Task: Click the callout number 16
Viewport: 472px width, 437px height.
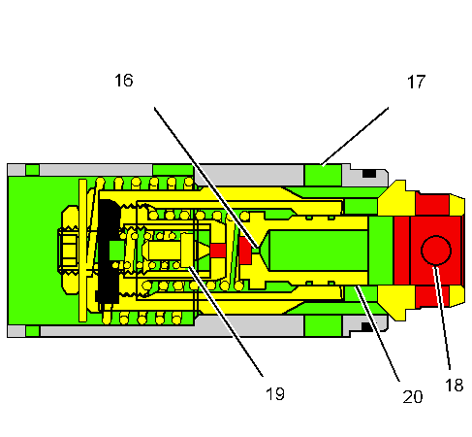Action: tap(123, 82)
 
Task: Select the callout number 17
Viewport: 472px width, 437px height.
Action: tap(416, 83)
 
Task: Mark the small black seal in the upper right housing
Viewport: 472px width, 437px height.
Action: tap(368, 175)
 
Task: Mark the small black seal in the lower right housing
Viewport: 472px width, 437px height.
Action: tap(368, 327)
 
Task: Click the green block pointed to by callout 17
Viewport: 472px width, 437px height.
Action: tap(324, 175)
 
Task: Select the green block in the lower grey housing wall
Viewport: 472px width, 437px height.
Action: tap(324, 325)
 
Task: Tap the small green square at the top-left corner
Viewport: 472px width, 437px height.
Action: tap(33, 170)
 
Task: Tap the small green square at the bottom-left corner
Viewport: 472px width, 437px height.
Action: tap(33, 331)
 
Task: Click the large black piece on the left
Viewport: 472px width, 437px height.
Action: tap(109, 251)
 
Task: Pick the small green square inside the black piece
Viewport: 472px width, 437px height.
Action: tap(116, 251)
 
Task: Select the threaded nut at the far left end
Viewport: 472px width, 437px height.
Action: tap(69, 251)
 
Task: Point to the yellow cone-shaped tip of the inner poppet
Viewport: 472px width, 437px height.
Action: tap(204, 251)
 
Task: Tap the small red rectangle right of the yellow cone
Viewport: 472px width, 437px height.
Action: tap(218, 251)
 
